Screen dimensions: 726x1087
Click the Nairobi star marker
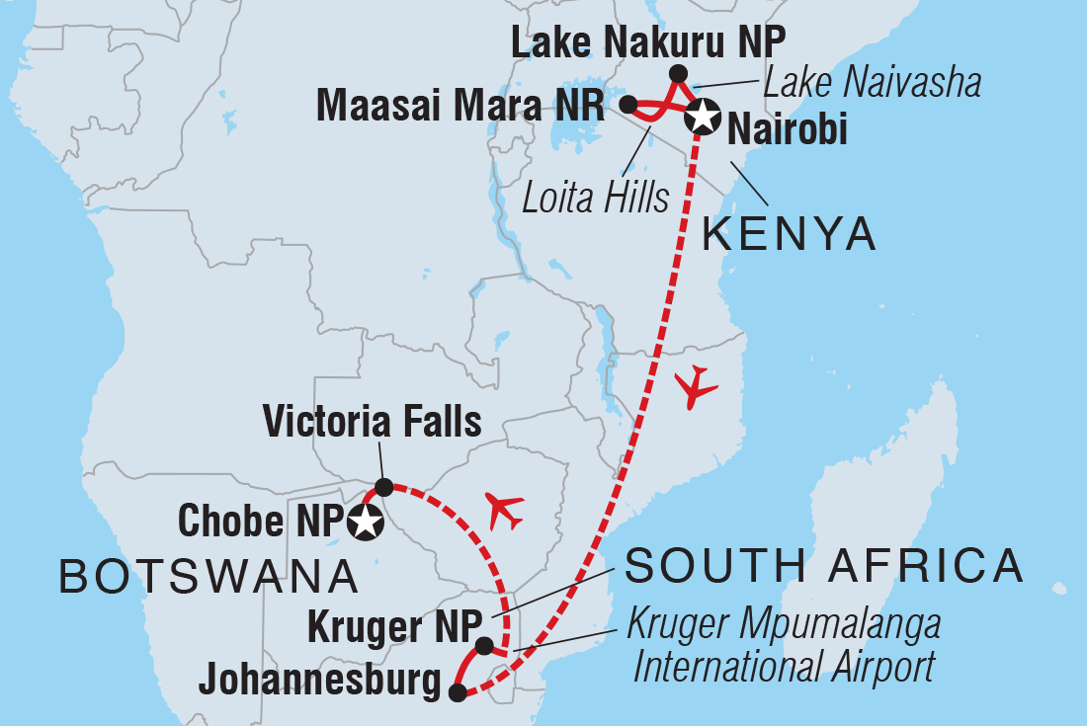[x=703, y=117]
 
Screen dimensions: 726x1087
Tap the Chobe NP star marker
[x=366, y=522]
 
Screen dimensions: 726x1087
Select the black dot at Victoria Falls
[x=383, y=486]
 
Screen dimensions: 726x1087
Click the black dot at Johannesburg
[x=457, y=692]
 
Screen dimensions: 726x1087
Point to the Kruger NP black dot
[x=484, y=645]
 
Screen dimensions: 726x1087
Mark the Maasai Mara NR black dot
[x=627, y=103]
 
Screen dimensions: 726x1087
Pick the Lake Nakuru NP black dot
[x=678, y=73]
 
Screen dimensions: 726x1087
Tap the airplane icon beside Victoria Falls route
[x=505, y=511]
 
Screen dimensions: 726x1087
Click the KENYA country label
[x=789, y=234]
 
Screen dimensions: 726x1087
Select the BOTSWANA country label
[x=209, y=576]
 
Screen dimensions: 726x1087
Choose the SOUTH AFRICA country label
[x=824, y=565]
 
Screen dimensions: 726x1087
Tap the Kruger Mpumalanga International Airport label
[x=786, y=647]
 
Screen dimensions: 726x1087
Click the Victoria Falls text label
[x=372, y=421]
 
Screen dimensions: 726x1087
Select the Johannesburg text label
[x=319, y=681]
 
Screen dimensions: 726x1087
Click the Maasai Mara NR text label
[x=460, y=106]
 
